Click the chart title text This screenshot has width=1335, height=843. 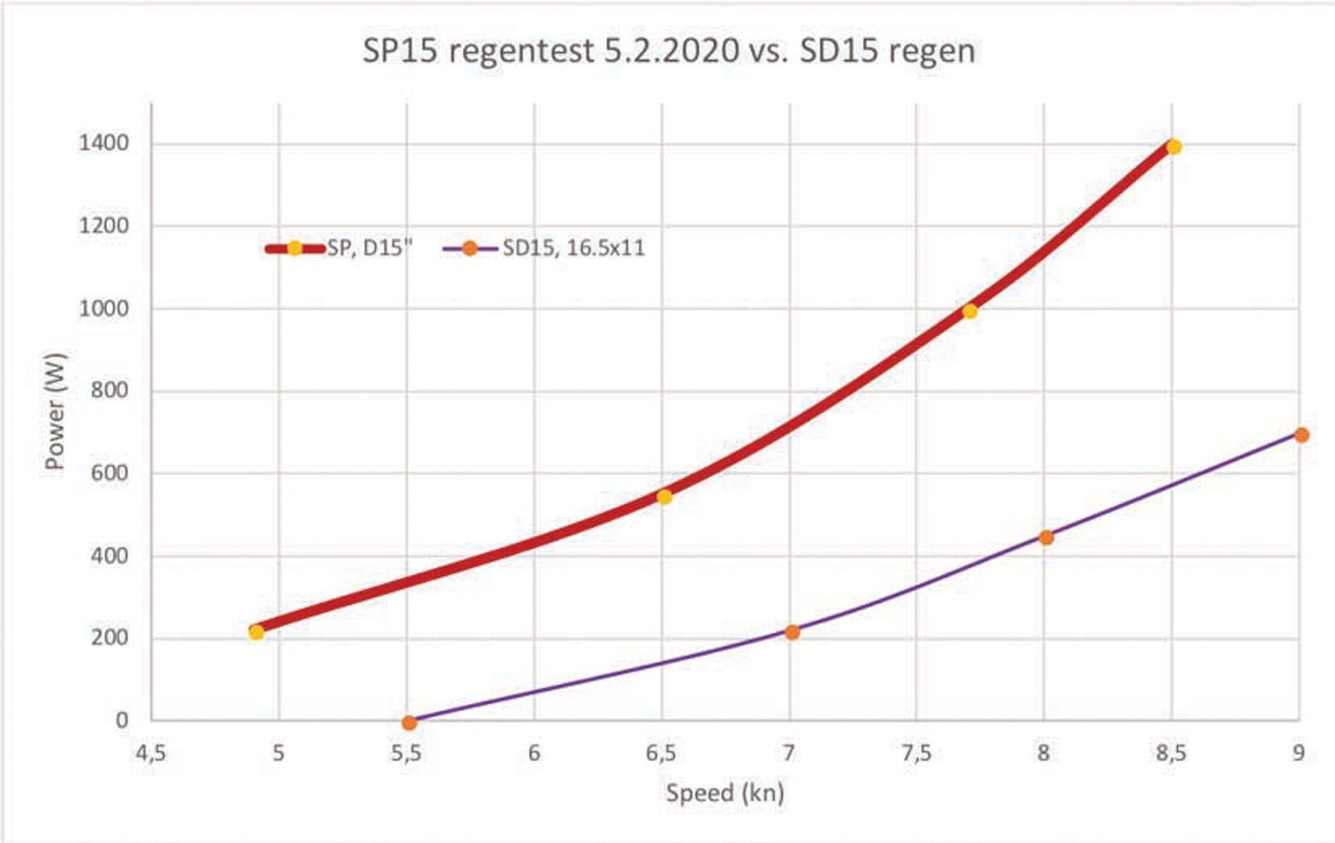[x=668, y=52]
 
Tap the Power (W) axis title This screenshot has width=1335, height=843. [x=55, y=411]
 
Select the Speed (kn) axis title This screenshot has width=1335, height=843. [x=724, y=792]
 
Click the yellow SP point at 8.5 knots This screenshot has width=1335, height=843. [x=1174, y=147]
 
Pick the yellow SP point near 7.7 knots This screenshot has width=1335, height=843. [x=970, y=311]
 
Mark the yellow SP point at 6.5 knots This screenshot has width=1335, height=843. [x=664, y=497]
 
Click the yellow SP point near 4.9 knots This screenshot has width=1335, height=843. [x=256, y=632]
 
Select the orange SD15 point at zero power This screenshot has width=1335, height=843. [x=408, y=723]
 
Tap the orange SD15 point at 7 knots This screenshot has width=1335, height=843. [x=792, y=632]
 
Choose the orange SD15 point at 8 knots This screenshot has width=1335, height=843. [x=1046, y=538]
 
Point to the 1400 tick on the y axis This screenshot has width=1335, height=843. [x=104, y=144]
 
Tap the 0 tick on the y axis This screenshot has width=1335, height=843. [x=123, y=720]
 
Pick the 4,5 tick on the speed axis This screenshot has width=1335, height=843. [x=150, y=754]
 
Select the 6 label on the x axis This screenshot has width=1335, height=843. [x=534, y=754]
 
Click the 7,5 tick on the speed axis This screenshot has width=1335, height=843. [x=916, y=754]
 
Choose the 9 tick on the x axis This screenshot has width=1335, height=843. [x=1298, y=754]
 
